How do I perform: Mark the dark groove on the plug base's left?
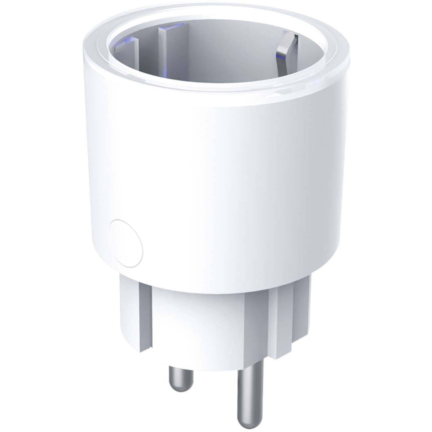click(x=147, y=309)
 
